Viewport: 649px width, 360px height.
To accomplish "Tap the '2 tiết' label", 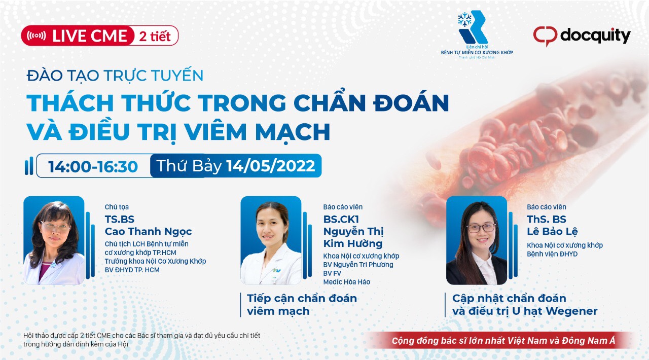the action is point(155,36).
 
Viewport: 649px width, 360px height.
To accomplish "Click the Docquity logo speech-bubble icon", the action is point(545,36).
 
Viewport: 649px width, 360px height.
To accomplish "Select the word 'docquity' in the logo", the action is point(595,36).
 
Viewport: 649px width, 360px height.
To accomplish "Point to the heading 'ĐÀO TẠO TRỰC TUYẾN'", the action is point(115,76).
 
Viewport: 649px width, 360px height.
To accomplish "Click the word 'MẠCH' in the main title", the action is point(293,132).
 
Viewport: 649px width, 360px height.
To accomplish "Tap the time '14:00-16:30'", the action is point(93,166).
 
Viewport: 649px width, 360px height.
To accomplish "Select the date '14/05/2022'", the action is point(271,166).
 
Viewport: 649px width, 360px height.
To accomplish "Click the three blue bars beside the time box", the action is point(29,166).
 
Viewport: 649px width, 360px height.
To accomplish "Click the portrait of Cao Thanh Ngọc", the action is point(54,240).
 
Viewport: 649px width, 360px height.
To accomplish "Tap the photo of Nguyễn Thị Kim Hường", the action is point(271,240).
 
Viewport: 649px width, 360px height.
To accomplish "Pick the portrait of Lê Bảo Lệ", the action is point(477,240).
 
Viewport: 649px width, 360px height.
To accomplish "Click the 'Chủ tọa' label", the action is point(117,207).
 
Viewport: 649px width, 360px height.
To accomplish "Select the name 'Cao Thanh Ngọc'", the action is point(149,232).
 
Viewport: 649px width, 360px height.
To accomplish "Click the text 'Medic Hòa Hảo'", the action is point(346,282).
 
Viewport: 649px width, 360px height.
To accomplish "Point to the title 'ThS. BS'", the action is point(547,219).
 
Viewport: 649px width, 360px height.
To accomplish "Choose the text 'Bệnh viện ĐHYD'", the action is point(552,254).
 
